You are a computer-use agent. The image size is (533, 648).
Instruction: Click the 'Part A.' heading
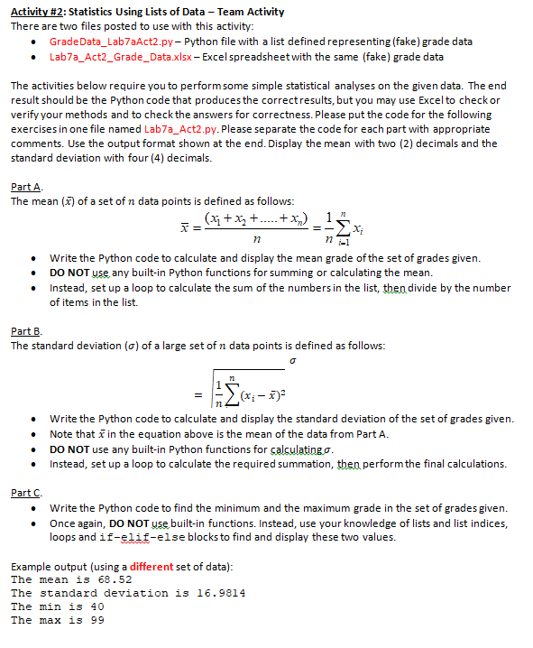[25, 187]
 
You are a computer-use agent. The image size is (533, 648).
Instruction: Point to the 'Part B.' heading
[25, 331]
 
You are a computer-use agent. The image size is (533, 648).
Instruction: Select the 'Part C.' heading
[25, 493]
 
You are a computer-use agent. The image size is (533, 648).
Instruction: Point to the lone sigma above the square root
[291, 359]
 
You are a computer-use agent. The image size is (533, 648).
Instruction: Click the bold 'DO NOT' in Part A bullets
[68, 273]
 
